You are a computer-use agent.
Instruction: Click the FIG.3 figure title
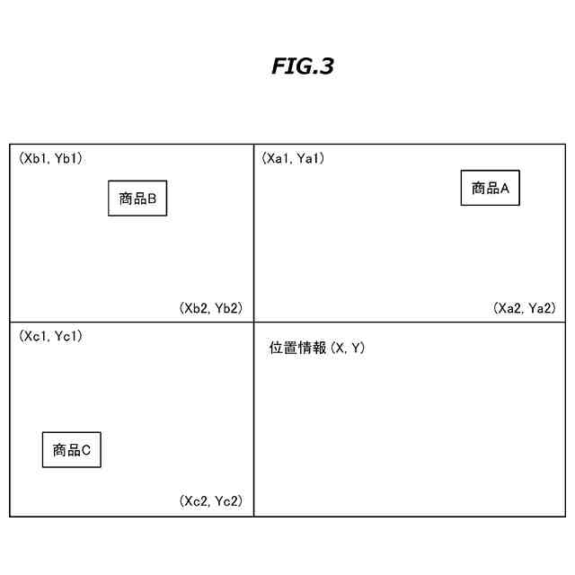point(302,67)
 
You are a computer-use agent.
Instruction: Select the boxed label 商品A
point(490,189)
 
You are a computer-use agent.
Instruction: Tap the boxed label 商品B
point(137,199)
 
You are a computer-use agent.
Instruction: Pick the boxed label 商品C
point(72,450)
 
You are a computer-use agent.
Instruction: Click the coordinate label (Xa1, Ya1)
point(293,159)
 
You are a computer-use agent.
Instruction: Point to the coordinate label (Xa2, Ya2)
point(525,308)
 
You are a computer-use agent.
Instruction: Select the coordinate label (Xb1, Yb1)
point(51,159)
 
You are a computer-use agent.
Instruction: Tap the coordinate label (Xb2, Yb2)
point(211,308)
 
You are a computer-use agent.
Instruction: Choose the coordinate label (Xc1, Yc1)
point(51,336)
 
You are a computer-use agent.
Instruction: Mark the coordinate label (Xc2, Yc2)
point(211,501)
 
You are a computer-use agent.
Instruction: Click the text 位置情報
point(298,348)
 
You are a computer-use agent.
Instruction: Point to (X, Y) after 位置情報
point(347,348)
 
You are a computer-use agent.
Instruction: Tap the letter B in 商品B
point(153,199)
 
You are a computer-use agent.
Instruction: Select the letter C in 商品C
point(86,450)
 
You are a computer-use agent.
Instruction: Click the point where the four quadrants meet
point(253,322)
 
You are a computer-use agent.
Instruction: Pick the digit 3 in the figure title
point(326,67)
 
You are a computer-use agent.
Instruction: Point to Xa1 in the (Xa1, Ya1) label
point(279,159)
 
